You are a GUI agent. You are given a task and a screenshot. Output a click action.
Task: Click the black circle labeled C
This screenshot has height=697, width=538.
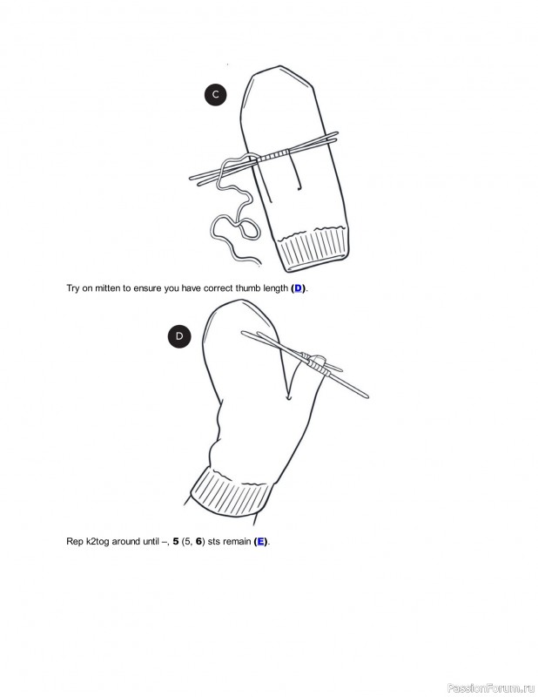click(216, 94)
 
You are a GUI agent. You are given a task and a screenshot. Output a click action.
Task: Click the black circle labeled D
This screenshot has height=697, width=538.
click(179, 336)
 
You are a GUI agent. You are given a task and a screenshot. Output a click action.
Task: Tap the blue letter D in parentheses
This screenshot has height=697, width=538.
click(298, 288)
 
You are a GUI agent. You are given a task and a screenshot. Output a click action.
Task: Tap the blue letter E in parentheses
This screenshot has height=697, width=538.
click(261, 541)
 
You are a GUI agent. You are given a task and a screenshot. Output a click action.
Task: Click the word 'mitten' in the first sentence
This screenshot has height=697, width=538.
click(107, 288)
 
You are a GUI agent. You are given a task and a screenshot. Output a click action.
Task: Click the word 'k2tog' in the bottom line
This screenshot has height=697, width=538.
click(98, 542)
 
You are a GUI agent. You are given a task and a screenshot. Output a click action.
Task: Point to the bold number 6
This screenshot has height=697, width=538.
click(199, 541)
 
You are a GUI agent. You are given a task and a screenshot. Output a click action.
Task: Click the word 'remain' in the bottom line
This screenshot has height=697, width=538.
click(237, 541)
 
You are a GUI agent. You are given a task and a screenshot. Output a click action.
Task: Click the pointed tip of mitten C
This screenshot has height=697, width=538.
click(280, 67)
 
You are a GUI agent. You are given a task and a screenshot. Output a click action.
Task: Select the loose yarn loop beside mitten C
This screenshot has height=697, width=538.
click(235, 209)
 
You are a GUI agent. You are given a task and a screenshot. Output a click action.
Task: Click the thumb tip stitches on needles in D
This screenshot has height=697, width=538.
click(315, 363)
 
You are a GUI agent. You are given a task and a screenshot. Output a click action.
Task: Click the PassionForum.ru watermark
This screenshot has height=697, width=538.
click(491, 687)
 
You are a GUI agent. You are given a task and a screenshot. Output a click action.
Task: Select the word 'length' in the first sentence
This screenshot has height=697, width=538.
click(275, 288)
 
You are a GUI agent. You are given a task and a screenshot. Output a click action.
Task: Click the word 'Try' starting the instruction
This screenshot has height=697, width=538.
click(73, 288)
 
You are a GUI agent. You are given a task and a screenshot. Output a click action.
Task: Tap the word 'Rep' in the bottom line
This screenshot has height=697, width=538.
click(75, 542)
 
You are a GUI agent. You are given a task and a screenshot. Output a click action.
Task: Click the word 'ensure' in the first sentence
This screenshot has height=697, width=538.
click(148, 288)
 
